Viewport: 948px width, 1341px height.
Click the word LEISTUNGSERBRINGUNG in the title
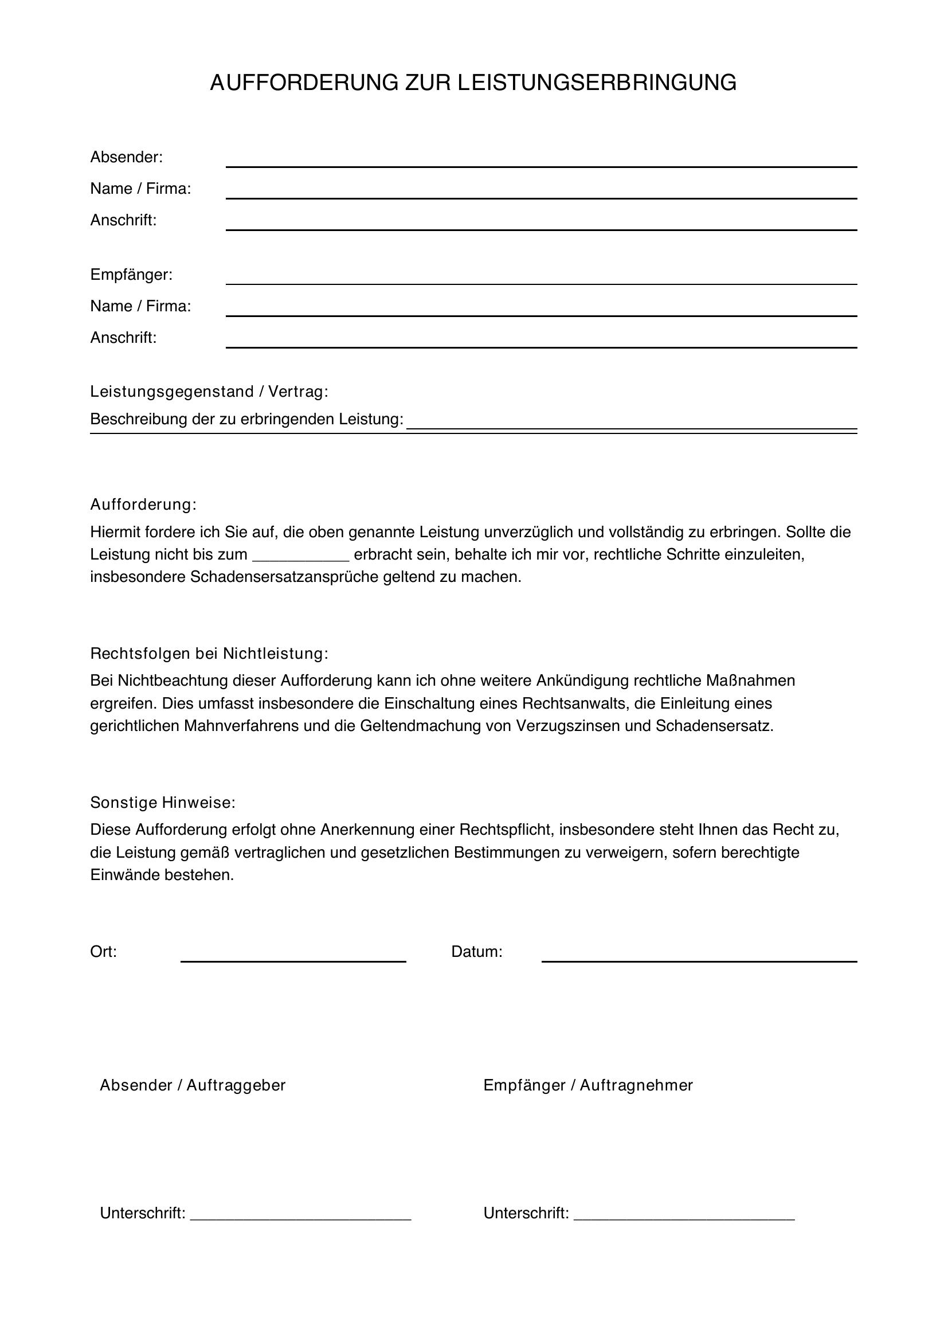coord(597,83)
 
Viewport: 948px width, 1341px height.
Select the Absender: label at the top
coord(126,157)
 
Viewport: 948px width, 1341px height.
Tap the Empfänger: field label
coord(131,275)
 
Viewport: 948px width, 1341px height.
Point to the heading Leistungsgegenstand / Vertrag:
coord(209,392)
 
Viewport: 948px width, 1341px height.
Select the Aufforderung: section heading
coord(143,505)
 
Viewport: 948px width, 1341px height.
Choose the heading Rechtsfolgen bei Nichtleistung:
coord(209,654)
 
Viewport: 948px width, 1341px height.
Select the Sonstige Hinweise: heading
coord(162,803)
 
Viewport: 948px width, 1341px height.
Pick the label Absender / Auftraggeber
coord(193,1086)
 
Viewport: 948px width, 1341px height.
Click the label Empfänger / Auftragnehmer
coord(588,1086)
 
